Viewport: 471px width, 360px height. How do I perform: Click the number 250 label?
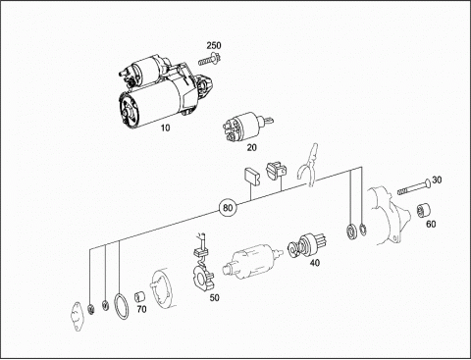click(x=214, y=45)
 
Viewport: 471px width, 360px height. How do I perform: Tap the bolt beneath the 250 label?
click(x=209, y=59)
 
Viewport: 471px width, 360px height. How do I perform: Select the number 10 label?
click(x=165, y=128)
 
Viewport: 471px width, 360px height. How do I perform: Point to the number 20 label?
click(x=251, y=148)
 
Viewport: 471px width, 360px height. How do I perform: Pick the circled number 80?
click(x=228, y=208)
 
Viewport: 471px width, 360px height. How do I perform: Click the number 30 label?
click(x=437, y=180)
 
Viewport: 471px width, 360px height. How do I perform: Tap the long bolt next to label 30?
click(x=414, y=187)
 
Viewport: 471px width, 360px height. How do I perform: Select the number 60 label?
click(x=431, y=224)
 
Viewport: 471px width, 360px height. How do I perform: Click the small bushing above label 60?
click(x=423, y=210)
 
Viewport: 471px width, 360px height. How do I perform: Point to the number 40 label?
click(x=314, y=263)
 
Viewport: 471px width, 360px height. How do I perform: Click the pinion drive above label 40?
click(x=307, y=244)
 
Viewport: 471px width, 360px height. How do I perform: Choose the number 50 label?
click(x=214, y=298)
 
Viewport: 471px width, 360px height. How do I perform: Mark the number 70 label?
click(x=141, y=309)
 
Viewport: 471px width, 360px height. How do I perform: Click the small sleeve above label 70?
click(x=140, y=296)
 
